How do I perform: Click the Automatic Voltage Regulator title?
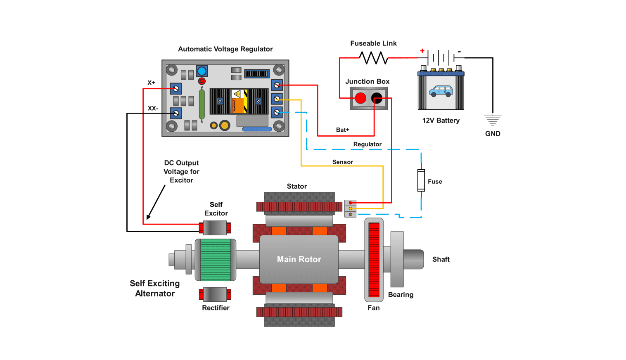pyautogui.click(x=225, y=49)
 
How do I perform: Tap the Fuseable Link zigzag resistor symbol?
pyautogui.click(x=373, y=58)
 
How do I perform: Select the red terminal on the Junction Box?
pyautogui.click(x=360, y=98)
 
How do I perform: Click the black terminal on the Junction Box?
pyautogui.click(x=377, y=98)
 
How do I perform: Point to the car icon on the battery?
pyautogui.click(x=441, y=91)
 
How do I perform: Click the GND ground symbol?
pyautogui.click(x=493, y=120)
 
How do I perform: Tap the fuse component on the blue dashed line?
pyautogui.click(x=421, y=180)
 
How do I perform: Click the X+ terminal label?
pyautogui.click(x=152, y=83)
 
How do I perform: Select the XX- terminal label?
pyautogui.click(x=153, y=109)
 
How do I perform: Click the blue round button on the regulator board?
pyautogui.click(x=202, y=71)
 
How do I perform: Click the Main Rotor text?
pyautogui.click(x=299, y=259)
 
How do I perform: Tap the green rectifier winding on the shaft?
pyautogui.click(x=215, y=260)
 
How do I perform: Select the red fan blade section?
pyautogui.click(x=374, y=260)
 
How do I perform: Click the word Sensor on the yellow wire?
pyautogui.click(x=343, y=162)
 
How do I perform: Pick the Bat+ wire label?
pyautogui.click(x=342, y=130)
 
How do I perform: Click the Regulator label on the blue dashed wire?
pyautogui.click(x=367, y=144)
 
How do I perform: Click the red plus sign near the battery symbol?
pyautogui.click(x=422, y=51)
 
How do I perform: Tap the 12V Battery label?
pyautogui.click(x=441, y=121)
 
